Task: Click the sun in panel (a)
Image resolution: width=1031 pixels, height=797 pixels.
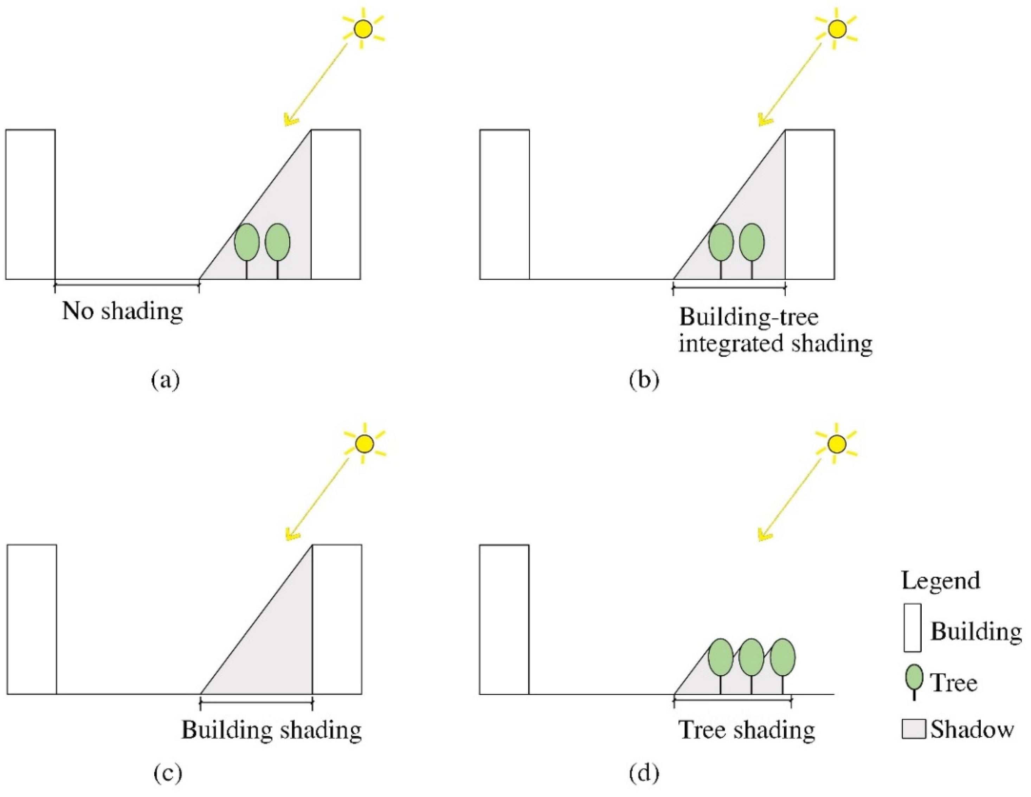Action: [x=363, y=29]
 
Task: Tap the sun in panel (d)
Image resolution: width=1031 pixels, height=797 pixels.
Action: [x=837, y=444]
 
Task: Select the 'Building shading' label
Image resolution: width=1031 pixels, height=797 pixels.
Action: [x=271, y=730]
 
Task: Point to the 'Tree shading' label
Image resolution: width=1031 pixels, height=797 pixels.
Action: [x=747, y=730]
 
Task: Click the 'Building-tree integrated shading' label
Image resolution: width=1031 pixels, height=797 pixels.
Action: [x=775, y=330]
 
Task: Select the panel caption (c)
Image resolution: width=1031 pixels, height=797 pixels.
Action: [x=168, y=773]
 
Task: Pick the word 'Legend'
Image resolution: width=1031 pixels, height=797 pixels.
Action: [x=940, y=580]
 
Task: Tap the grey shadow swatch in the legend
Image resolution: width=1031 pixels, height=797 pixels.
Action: [x=914, y=729]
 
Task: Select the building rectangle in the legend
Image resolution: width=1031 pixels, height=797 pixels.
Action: [x=913, y=628]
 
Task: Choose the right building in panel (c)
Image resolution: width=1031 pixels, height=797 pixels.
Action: [x=337, y=619]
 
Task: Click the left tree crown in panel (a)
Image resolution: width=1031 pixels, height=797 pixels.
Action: [x=247, y=242]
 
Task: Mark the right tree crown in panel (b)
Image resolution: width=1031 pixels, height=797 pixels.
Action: [x=752, y=242]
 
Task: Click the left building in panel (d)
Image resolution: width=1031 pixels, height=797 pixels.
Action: [x=504, y=619]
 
